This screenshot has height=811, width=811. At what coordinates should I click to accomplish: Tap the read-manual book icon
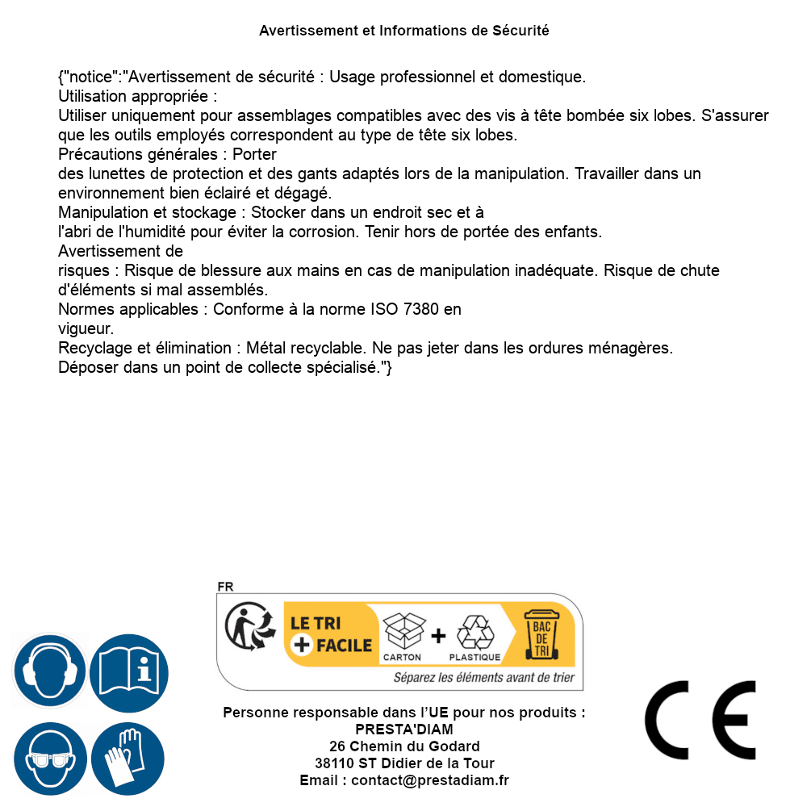click(x=129, y=671)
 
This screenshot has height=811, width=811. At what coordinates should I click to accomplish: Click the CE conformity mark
click(x=700, y=720)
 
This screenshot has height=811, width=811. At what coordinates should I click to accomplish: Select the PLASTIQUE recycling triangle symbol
click(x=474, y=633)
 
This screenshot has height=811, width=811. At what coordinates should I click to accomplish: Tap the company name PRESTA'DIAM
click(x=404, y=729)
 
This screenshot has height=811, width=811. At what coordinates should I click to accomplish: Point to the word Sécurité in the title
click(x=520, y=31)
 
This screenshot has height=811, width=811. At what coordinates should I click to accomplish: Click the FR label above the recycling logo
click(x=224, y=587)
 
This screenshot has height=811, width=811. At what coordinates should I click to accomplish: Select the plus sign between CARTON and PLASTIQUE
click(x=438, y=636)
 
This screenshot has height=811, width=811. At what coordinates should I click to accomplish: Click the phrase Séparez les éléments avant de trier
click(x=483, y=678)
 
